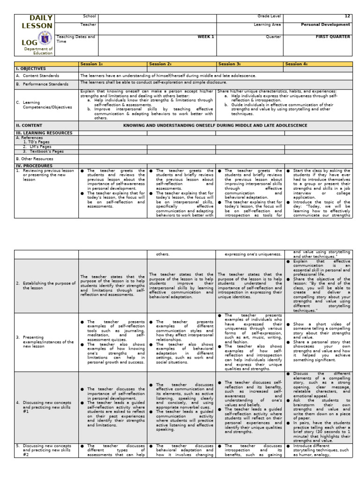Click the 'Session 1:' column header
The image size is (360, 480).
pos(91,64)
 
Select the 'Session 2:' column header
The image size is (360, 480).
pos(159,64)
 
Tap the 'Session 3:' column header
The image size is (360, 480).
pos(228,64)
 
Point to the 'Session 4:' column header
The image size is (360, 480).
pos(297,64)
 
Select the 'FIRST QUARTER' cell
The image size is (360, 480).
pos(333,37)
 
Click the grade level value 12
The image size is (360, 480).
pos(347,16)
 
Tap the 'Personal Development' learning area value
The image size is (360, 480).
pos(330,24)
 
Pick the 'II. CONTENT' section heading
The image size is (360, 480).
pos(29,126)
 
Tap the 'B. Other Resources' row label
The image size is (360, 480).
pos(35,159)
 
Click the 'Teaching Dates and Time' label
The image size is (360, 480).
pos(75,39)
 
